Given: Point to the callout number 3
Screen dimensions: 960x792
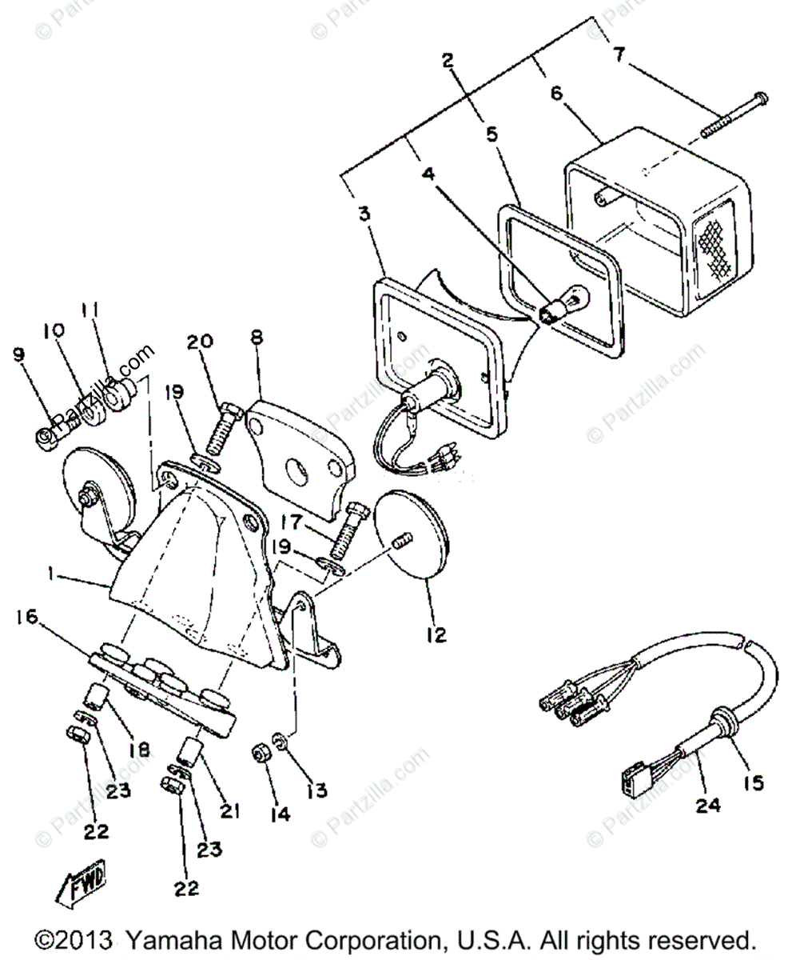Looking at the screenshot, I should tap(364, 214).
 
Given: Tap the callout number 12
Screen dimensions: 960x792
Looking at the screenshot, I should tap(436, 635).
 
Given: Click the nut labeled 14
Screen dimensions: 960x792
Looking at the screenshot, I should tap(260, 754).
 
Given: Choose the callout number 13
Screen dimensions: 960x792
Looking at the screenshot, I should tap(316, 790).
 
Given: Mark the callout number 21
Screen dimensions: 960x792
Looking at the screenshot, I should tap(230, 810).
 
